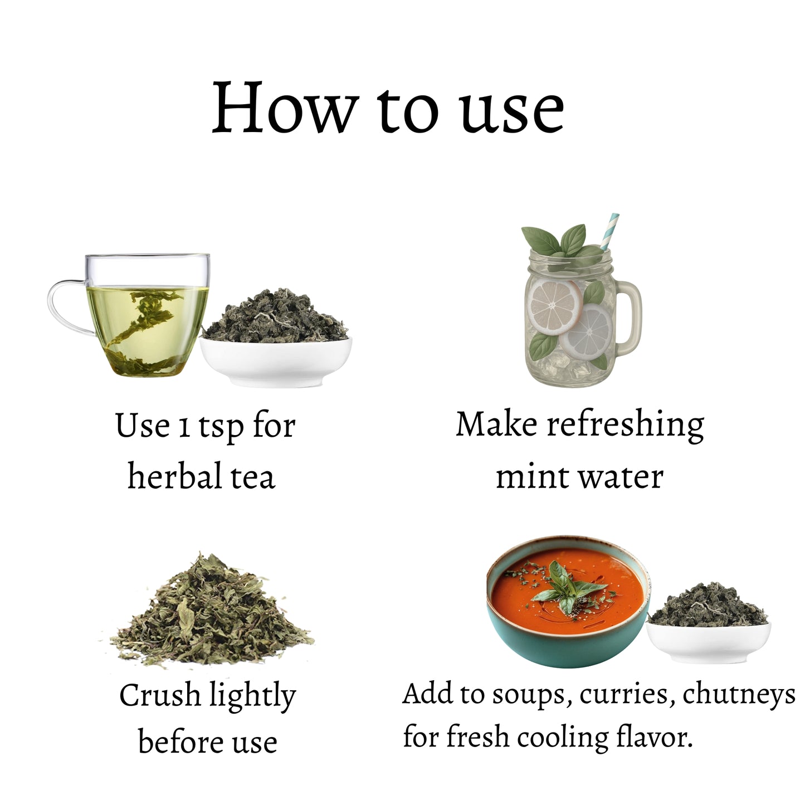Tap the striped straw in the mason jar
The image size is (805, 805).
609,231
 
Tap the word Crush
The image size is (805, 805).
159,696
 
